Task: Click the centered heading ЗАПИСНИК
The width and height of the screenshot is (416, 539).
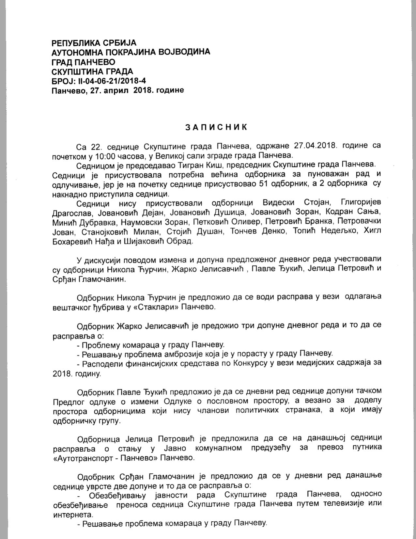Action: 216,127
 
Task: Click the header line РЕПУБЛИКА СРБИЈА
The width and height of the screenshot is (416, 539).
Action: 94,43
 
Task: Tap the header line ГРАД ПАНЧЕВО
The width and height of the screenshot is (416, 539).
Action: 83,62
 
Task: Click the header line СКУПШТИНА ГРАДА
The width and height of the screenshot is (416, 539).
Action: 92,71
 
